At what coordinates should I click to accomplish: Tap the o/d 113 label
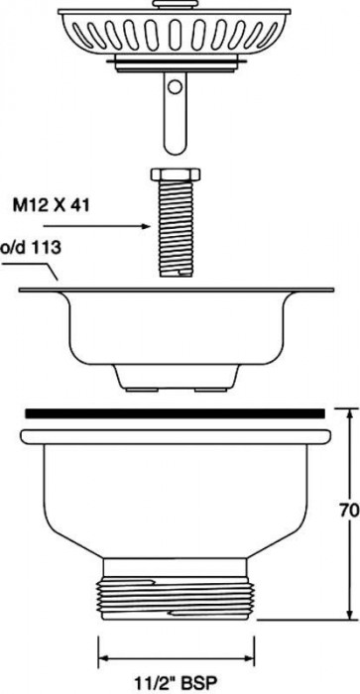30,250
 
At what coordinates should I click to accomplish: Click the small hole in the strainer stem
175,88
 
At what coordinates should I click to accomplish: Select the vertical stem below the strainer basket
175,109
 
